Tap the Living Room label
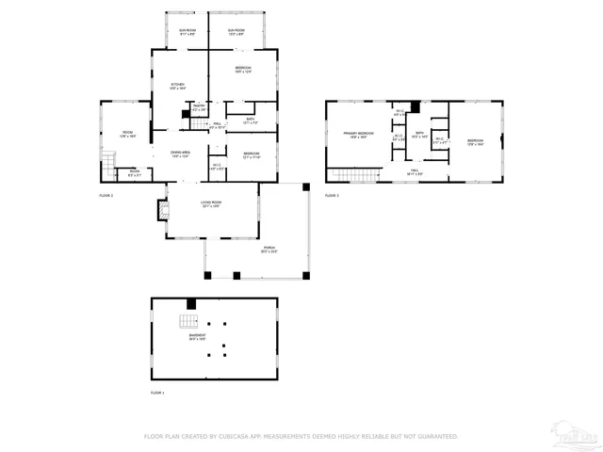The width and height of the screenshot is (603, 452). click(x=210, y=203)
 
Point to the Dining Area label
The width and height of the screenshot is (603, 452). click(x=182, y=153)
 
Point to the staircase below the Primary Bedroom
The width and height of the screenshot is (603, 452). click(x=357, y=175)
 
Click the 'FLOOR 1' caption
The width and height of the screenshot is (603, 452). click(x=157, y=392)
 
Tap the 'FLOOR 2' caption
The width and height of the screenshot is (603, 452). click(x=106, y=195)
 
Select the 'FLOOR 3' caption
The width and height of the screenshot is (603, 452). click(x=332, y=195)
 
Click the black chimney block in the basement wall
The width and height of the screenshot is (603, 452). click(x=191, y=303)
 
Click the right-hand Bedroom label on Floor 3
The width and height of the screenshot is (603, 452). click(x=475, y=141)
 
